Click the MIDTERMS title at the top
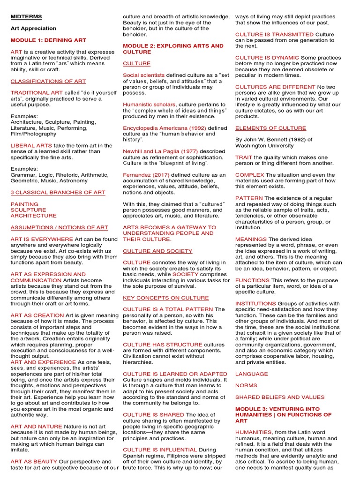26,17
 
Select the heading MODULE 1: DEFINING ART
48,40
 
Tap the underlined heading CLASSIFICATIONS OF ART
48,81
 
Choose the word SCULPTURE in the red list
28,210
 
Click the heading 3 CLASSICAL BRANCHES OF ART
58,193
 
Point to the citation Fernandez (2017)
146,175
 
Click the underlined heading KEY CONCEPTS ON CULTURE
166,298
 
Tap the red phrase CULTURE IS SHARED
153,415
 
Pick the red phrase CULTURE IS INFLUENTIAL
160,450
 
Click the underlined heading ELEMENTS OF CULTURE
270,128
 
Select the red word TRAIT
244,157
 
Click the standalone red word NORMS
246,385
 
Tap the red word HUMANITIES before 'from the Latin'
254,432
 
